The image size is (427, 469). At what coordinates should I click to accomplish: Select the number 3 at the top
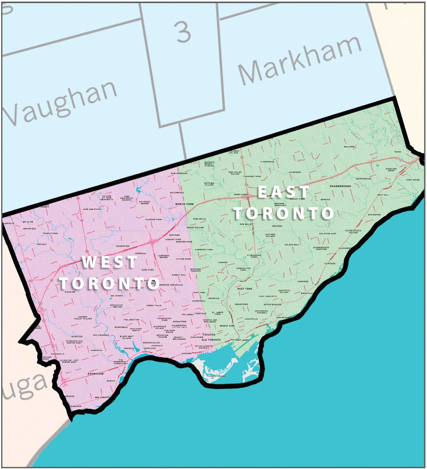tap(183, 32)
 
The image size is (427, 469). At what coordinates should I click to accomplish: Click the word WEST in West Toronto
tap(110, 262)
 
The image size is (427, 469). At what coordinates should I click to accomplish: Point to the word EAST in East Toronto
tap(283, 192)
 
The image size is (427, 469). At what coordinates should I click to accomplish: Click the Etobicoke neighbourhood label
tap(95, 374)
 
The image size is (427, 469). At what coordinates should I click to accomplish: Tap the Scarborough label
tap(340, 186)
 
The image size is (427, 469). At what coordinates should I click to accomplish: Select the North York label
tap(185, 204)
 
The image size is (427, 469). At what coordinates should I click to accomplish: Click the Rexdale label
tap(42, 244)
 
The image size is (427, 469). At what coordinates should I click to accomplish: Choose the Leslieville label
tap(251, 319)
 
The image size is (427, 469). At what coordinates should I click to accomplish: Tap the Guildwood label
tap(374, 215)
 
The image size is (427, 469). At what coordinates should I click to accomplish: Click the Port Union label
tap(413, 180)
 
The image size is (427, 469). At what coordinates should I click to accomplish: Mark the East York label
tap(245, 289)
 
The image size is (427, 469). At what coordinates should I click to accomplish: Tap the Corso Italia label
tap(153, 305)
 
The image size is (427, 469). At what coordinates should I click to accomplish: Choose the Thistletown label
tap(50, 233)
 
